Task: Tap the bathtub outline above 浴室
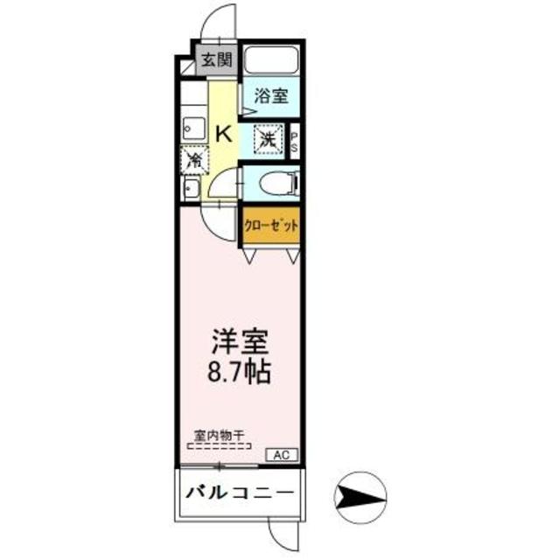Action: [272, 59]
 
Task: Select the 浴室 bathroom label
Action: [271, 96]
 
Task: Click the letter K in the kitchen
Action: [224, 133]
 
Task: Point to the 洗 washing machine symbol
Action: [268, 138]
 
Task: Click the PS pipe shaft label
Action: [295, 141]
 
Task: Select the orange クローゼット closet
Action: [272, 225]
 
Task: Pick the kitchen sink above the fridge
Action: [193, 128]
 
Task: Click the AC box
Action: [282, 454]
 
